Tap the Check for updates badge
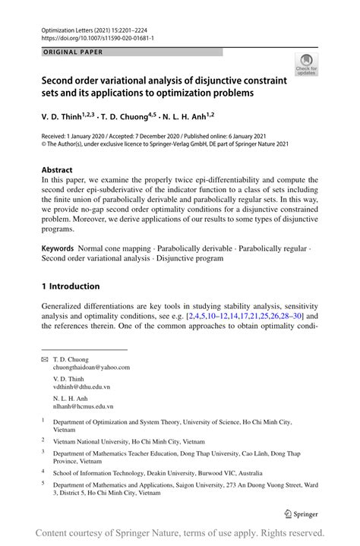click(307, 65)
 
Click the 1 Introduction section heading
click(70, 286)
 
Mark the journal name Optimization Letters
click(68, 27)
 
